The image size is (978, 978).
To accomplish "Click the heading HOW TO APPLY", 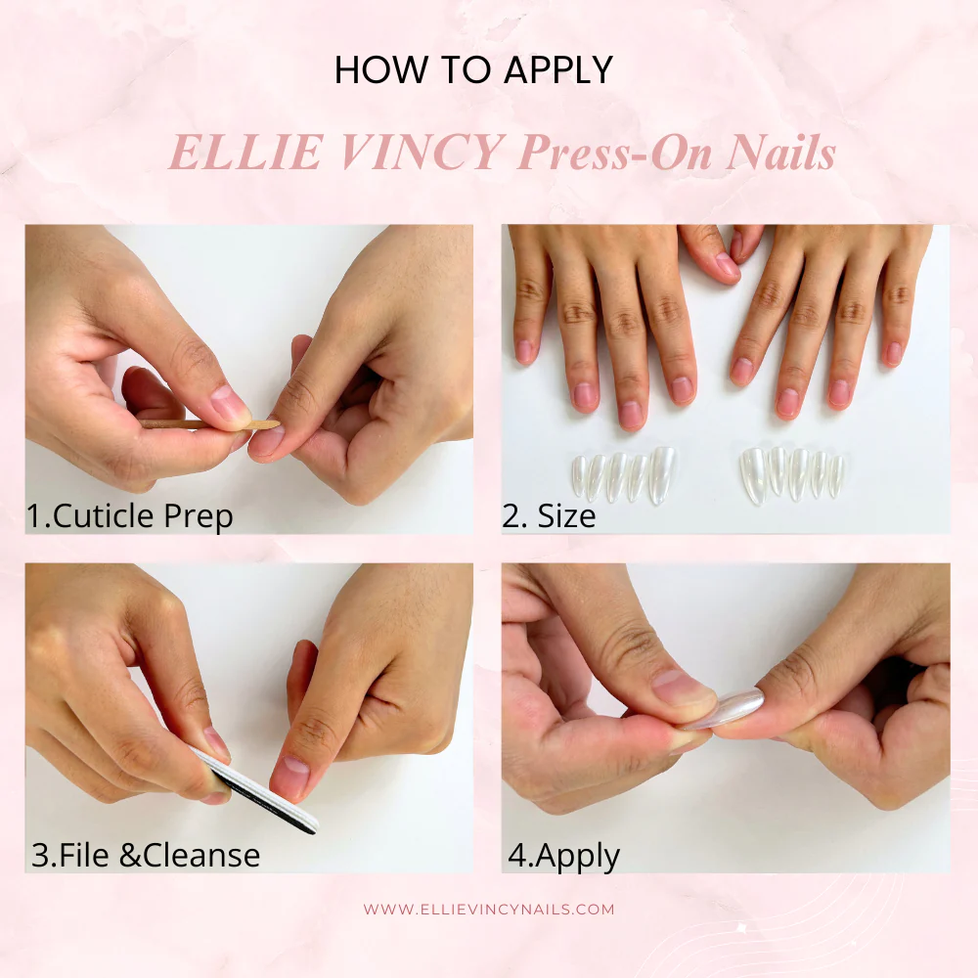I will click(x=473, y=70).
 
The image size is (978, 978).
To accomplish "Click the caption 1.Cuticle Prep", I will click(x=130, y=515).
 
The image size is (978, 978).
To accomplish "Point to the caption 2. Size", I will click(x=549, y=515).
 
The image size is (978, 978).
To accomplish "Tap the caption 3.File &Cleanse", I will click(x=146, y=855).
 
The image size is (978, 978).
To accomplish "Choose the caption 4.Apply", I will click(x=563, y=855).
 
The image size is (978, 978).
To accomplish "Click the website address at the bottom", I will click(x=489, y=909).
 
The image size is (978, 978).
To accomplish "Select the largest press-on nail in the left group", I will click(x=662, y=474).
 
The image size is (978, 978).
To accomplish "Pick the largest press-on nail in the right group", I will click(x=753, y=475).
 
